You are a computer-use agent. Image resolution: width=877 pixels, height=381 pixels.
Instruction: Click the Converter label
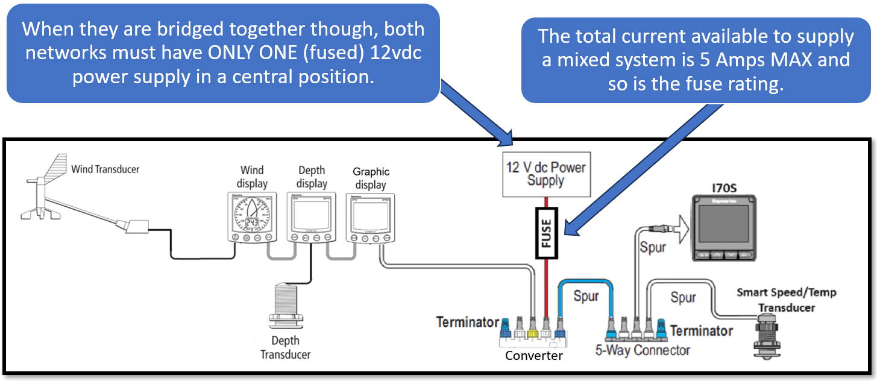click(x=533, y=356)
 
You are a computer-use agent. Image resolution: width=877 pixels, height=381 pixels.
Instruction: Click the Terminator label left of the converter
click(x=468, y=323)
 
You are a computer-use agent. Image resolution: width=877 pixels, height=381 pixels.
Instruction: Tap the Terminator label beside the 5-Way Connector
click(x=701, y=331)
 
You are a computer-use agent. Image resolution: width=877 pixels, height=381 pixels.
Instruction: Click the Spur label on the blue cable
click(x=586, y=297)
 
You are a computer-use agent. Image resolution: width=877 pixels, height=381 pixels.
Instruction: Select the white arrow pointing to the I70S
click(x=680, y=228)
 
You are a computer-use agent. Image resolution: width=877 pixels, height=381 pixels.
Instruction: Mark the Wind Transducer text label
click(x=105, y=169)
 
